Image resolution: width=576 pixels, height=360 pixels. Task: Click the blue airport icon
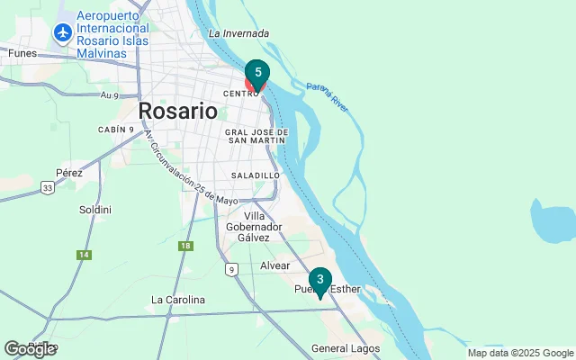(63, 33)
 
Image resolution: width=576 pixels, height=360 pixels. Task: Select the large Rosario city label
(178, 112)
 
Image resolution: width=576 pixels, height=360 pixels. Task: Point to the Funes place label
(21, 53)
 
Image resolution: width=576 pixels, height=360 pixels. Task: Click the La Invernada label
(238, 34)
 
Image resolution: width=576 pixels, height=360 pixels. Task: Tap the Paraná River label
(328, 95)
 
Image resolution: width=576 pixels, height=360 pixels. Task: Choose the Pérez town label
(68, 173)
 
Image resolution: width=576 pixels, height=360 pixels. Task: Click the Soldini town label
(95, 210)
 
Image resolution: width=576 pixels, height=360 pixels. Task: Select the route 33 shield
(47, 188)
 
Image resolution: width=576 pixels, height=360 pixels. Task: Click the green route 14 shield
(85, 255)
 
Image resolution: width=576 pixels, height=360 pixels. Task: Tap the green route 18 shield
(185, 246)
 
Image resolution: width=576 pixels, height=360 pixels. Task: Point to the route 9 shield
(231, 269)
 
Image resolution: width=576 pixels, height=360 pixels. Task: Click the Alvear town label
(274, 266)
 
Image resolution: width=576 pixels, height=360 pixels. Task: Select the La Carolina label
(178, 300)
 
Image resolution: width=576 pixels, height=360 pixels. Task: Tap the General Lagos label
(346, 348)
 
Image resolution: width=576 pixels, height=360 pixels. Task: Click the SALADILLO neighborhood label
(256, 175)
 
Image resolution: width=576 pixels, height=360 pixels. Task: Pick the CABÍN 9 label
(116, 130)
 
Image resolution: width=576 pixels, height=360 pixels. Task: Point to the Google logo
(30, 349)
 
